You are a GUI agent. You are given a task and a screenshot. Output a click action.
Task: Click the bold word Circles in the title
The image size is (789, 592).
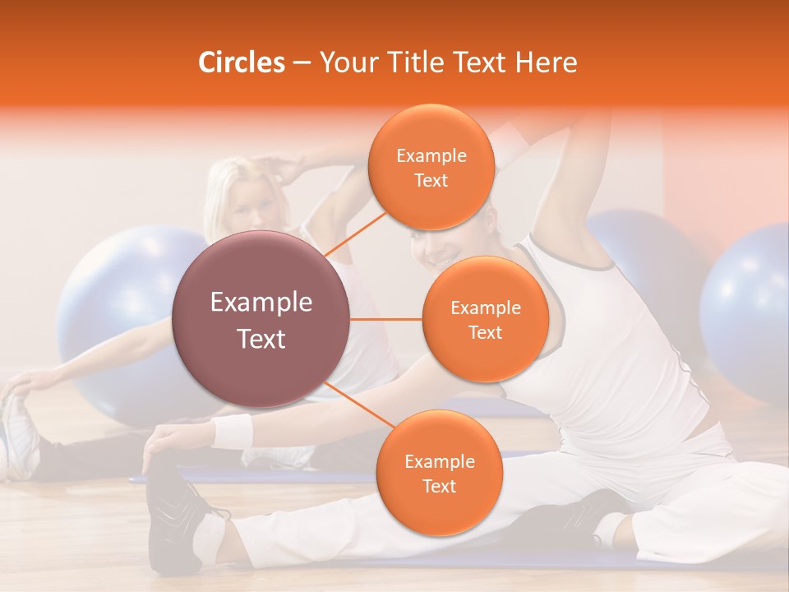tap(241, 62)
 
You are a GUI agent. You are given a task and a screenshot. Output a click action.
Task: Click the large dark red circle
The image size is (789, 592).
tap(261, 319)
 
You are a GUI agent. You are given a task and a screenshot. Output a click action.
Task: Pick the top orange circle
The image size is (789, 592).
tap(431, 167)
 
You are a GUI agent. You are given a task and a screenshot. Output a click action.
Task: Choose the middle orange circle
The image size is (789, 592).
tap(485, 319)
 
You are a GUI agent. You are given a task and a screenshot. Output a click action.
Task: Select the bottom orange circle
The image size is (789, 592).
tap(439, 473)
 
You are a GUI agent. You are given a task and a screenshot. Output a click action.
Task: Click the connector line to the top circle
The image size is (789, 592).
tap(356, 234)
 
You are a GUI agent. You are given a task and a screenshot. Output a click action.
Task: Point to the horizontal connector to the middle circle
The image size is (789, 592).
tap(386, 319)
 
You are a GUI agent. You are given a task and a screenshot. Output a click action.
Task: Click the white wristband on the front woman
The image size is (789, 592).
tap(232, 432)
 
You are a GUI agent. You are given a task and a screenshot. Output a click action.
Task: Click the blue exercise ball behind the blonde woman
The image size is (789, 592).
tap(115, 321)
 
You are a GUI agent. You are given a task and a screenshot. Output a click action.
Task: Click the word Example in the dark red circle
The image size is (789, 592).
tap(261, 303)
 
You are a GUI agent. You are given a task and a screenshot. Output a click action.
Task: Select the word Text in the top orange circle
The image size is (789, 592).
tap(431, 180)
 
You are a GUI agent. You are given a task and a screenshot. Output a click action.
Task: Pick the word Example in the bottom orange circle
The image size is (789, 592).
tap(439, 461)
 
